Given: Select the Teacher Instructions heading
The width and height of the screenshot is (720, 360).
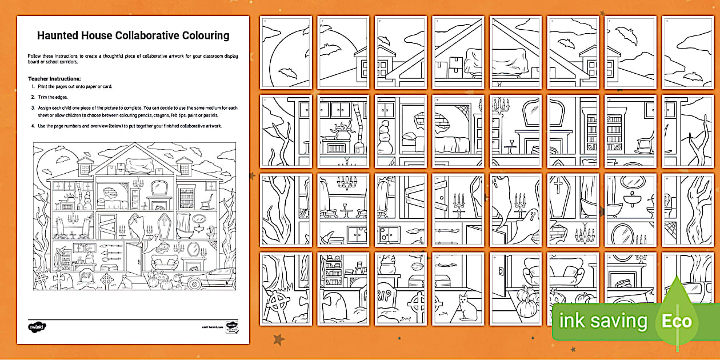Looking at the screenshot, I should pyautogui.click(x=54, y=78).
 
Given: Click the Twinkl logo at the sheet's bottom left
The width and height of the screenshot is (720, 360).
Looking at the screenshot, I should pyautogui.click(x=37, y=326).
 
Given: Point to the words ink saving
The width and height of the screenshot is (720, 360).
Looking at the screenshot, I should pyautogui.click(x=603, y=321).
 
